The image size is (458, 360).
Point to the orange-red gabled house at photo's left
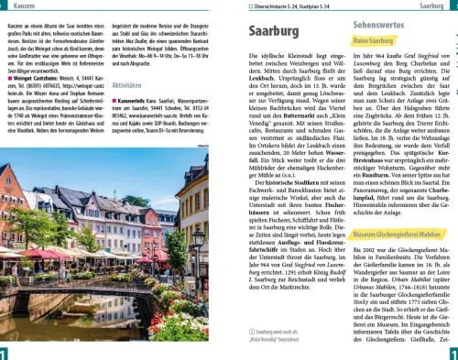point(19,215)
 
